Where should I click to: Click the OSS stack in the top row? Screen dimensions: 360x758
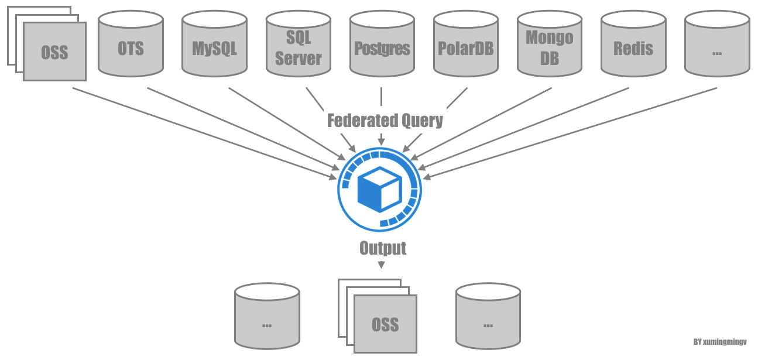pyautogui.click(x=54, y=52)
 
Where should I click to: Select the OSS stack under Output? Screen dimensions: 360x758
pyautogui.click(x=385, y=323)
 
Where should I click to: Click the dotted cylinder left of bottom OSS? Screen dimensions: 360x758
pyautogui.click(x=267, y=319)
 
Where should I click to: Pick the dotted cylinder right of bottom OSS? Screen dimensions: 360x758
pyautogui.click(x=488, y=319)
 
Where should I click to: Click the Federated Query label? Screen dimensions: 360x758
pyautogui.click(x=385, y=121)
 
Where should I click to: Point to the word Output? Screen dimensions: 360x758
pyautogui.click(x=382, y=248)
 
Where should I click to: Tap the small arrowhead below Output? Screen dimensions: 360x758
pyautogui.click(x=381, y=265)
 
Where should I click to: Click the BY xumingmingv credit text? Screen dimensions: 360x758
pyautogui.click(x=719, y=342)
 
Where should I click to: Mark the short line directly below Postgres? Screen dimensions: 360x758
pyautogui.click(x=381, y=97)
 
